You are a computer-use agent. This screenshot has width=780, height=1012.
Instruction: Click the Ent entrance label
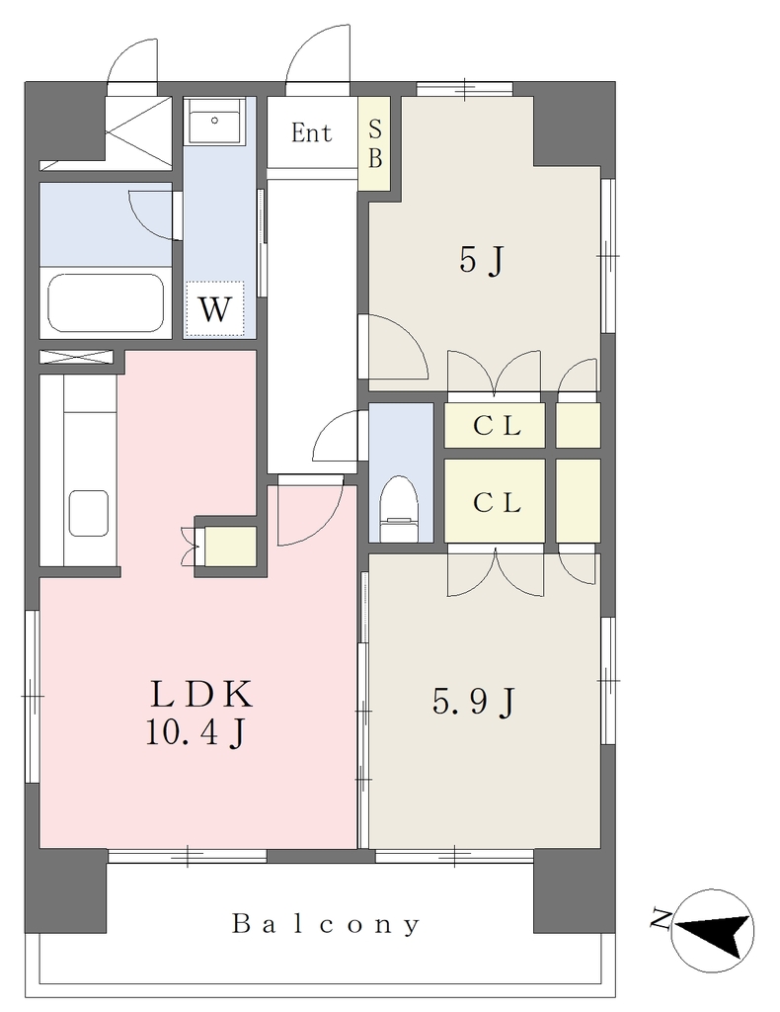point(311,133)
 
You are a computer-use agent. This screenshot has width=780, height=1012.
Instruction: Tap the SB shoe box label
point(374,144)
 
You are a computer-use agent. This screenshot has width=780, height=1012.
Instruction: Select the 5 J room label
point(481,261)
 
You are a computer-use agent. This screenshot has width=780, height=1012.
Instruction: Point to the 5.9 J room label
point(474,702)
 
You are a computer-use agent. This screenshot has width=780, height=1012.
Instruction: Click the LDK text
point(201,695)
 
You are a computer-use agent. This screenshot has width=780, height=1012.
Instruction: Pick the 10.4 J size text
point(195,733)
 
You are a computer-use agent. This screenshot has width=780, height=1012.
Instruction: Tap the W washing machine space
point(214,309)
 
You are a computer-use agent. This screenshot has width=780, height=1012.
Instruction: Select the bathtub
point(106,303)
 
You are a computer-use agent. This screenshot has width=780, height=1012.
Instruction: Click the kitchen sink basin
point(88,513)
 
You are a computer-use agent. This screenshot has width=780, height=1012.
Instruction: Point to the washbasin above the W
point(214,122)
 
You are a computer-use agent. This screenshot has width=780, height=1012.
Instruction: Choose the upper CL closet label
point(497,426)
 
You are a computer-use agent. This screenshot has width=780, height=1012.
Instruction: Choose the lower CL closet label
point(497,502)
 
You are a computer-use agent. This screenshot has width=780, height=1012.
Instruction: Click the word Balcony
point(326,924)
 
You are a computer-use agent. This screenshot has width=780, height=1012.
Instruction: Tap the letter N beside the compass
point(660,918)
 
